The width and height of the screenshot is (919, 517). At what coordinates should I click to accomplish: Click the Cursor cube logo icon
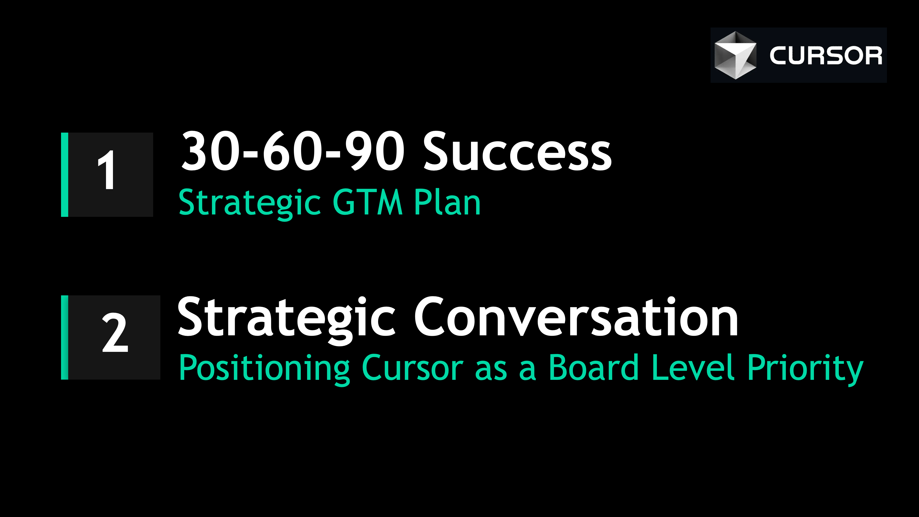pos(735,55)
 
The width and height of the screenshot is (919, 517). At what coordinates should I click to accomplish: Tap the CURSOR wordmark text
pos(825,56)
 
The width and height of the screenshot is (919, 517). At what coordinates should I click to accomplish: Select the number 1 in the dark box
pos(106,170)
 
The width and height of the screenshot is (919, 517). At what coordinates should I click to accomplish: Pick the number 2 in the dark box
pos(115,333)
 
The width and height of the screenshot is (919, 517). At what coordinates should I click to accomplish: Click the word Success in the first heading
pos(517,152)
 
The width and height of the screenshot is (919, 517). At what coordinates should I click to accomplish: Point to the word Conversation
pos(576,317)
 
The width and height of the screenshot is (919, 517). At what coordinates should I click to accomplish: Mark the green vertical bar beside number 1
pos(65,174)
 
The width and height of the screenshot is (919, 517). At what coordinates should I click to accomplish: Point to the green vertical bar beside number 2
pos(65,337)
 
